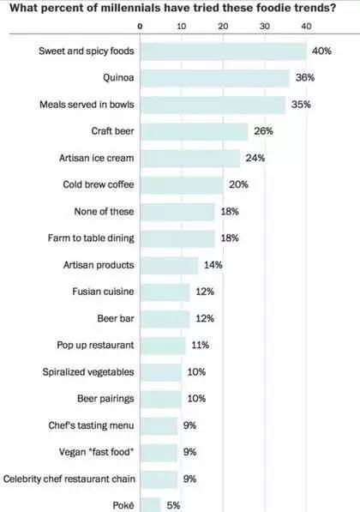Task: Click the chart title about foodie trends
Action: point(172,8)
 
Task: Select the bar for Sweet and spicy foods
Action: point(224,51)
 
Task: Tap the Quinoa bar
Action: point(215,78)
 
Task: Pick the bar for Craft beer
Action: point(195,131)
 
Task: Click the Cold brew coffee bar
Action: point(182,185)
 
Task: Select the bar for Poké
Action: point(151,505)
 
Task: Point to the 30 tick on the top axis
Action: point(264,27)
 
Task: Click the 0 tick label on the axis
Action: point(140,27)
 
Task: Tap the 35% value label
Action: point(301,105)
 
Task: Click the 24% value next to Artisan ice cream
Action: point(255,158)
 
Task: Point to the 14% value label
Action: point(213,265)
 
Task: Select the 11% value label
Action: point(200,345)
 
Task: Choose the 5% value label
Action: point(173,505)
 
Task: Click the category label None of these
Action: point(104,212)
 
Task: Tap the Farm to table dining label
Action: point(91,238)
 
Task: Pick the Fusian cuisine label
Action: point(103,292)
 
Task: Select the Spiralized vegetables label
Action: point(88,372)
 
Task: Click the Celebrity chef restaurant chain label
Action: point(69,479)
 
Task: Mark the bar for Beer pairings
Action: point(161,399)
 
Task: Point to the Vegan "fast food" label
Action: point(97,452)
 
